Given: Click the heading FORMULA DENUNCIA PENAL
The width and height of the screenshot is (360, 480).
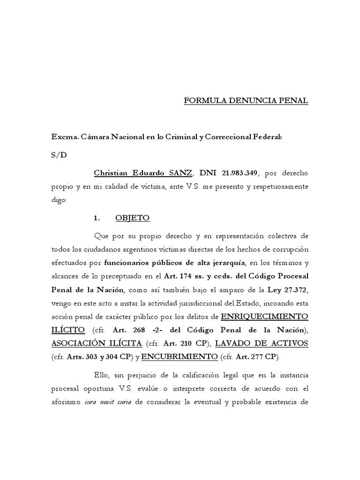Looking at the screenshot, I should pyautogui.click(x=246, y=101).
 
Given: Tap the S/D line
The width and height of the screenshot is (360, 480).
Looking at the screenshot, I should pyautogui.click(x=59, y=155).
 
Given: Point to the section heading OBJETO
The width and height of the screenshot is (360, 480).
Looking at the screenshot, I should pyautogui.click(x=132, y=218).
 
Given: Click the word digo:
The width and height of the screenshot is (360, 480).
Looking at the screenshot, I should pyautogui.click(x=60, y=200).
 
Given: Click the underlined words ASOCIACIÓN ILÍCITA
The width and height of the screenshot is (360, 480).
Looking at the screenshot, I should pyautogui.click(x=97, y=344).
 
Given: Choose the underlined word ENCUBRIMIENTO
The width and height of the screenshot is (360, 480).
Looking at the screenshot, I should pyautogui.click(x=180, y=357).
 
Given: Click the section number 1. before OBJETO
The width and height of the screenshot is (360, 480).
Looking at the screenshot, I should pyautogui.click(x=97, y=218).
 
